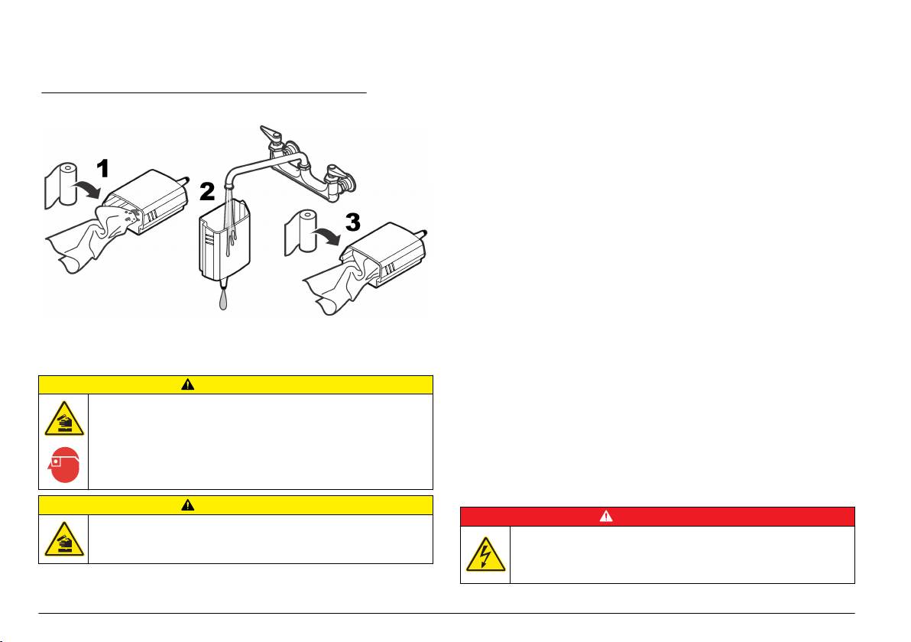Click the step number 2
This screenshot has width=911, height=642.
[x=207, y=191]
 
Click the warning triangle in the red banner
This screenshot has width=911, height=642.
[x=606, y=516]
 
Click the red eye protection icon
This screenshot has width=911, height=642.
[x=63, y=468]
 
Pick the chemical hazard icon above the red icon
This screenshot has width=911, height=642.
[x=63, y=419]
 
